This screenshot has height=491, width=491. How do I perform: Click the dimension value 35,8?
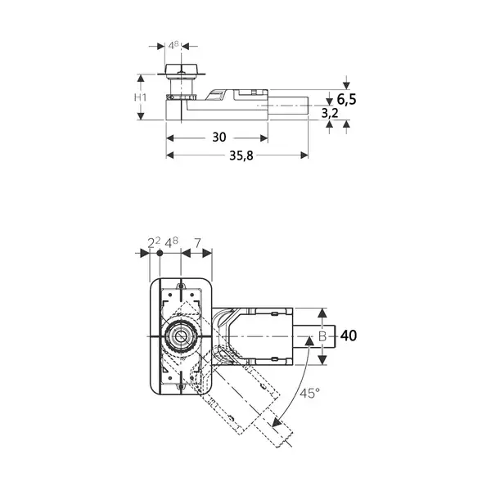point(241,155)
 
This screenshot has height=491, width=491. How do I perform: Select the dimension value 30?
point(218,137)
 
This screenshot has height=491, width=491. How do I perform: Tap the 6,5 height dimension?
point(347,100)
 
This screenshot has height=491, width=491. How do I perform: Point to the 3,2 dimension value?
point(330,113)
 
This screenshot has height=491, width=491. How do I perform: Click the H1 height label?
point(140,97)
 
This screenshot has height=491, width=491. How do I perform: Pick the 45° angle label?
point(309,394)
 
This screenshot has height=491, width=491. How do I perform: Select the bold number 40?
point(349,336)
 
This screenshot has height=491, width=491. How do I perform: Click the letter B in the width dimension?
point(322,336)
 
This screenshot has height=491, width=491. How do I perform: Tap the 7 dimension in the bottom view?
point(197,243)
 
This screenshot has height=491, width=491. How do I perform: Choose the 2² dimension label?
point(154,242)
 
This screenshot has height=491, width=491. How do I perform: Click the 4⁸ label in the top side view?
point(173,45)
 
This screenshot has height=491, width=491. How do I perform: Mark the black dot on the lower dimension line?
point(160,253)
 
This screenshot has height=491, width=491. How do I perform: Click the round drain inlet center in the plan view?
point(181,336)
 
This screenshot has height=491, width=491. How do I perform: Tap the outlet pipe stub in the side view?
point(288,106)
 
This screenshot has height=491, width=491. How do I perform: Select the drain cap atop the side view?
point(181,70)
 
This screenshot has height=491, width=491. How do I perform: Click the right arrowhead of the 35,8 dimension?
point(304,155)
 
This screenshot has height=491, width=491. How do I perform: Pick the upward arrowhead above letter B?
point(322,313)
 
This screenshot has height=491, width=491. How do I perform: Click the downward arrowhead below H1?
point(141,115)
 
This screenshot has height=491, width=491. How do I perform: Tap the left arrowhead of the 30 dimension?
point(170,138)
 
